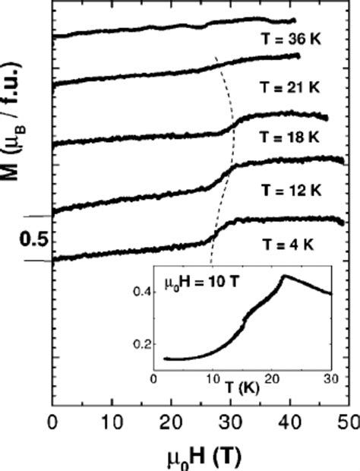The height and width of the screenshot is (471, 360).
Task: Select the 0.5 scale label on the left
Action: tap(29, 239)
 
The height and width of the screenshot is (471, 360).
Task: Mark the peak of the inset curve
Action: tap(284, 276)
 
